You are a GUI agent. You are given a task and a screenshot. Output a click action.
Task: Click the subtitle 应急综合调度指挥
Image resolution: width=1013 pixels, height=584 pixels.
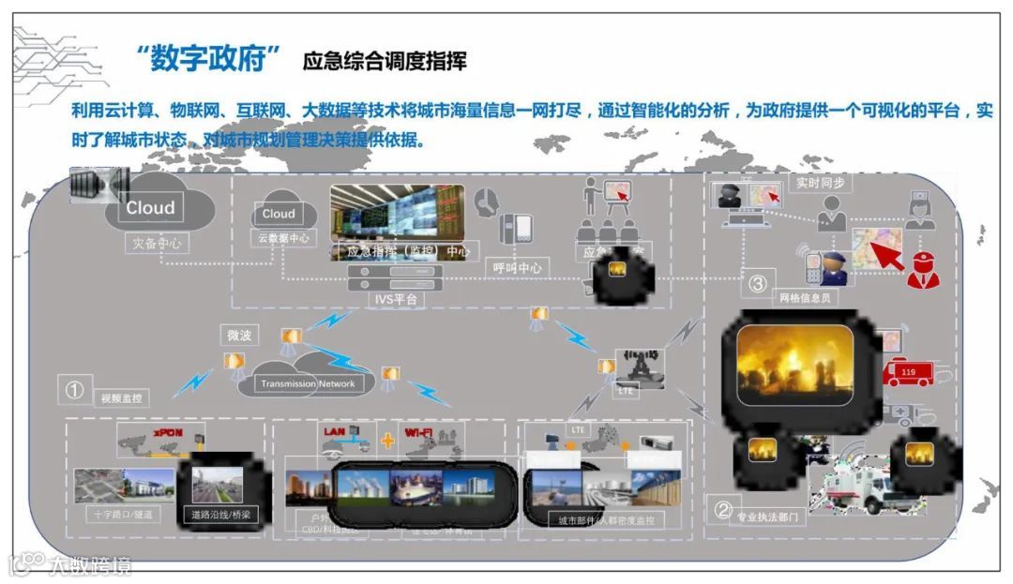[x=385, y=63]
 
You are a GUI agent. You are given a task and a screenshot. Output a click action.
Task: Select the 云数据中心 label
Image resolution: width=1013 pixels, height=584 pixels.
[x=283, y=238]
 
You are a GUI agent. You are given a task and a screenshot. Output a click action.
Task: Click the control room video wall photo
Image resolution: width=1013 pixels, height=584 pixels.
[x=397, y=213]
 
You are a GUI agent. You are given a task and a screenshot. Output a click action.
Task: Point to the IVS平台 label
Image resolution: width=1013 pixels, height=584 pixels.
[x=396, y=299]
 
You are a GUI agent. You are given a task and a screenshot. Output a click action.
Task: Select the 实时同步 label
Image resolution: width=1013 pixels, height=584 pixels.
[x=821, y=182]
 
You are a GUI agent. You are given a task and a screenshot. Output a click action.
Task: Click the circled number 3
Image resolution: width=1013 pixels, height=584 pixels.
[x=758, y=282]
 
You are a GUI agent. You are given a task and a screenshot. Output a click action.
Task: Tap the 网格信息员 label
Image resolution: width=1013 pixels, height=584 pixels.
[x=805, y=298]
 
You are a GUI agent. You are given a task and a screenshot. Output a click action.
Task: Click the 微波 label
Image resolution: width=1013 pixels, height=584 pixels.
[x=239, y=335]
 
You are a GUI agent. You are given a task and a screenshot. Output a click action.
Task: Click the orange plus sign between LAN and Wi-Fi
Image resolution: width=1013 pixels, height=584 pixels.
[x=386, y=442]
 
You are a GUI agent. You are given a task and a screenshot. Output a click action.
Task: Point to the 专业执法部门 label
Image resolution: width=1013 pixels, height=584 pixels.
[x=769, y=517]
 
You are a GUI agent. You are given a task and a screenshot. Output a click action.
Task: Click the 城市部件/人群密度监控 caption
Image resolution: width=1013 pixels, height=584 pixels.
[x=606, y=520]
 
